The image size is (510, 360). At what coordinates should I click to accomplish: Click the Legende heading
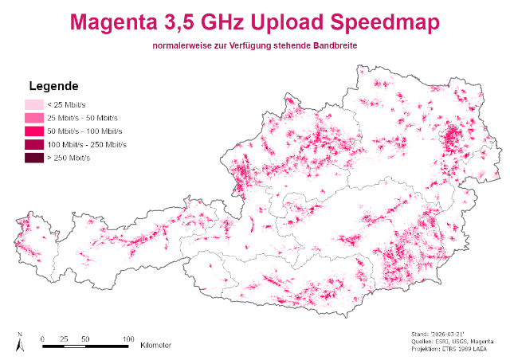pos(53,85)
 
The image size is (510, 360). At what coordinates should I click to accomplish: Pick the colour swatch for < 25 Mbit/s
pos(33,104)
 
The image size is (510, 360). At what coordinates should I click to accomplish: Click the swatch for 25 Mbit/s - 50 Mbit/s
pos(33,118)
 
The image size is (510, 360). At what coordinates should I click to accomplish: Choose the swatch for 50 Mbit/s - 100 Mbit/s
pos(33,131)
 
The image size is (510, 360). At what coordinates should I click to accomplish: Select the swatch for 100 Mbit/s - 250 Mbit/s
pos(33,145)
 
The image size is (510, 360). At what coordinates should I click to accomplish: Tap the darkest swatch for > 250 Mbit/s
pos(33,158)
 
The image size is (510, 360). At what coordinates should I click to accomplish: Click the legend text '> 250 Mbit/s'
pos(69,158)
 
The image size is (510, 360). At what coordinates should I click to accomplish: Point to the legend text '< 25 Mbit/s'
pos(66,104)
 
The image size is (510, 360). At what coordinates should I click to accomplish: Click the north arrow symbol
pos(20,343)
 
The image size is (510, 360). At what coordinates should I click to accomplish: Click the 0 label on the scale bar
pos(42,338)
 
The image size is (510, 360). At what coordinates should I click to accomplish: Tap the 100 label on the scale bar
pos(127,338)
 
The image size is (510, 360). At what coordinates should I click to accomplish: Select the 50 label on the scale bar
pos(84,338)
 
